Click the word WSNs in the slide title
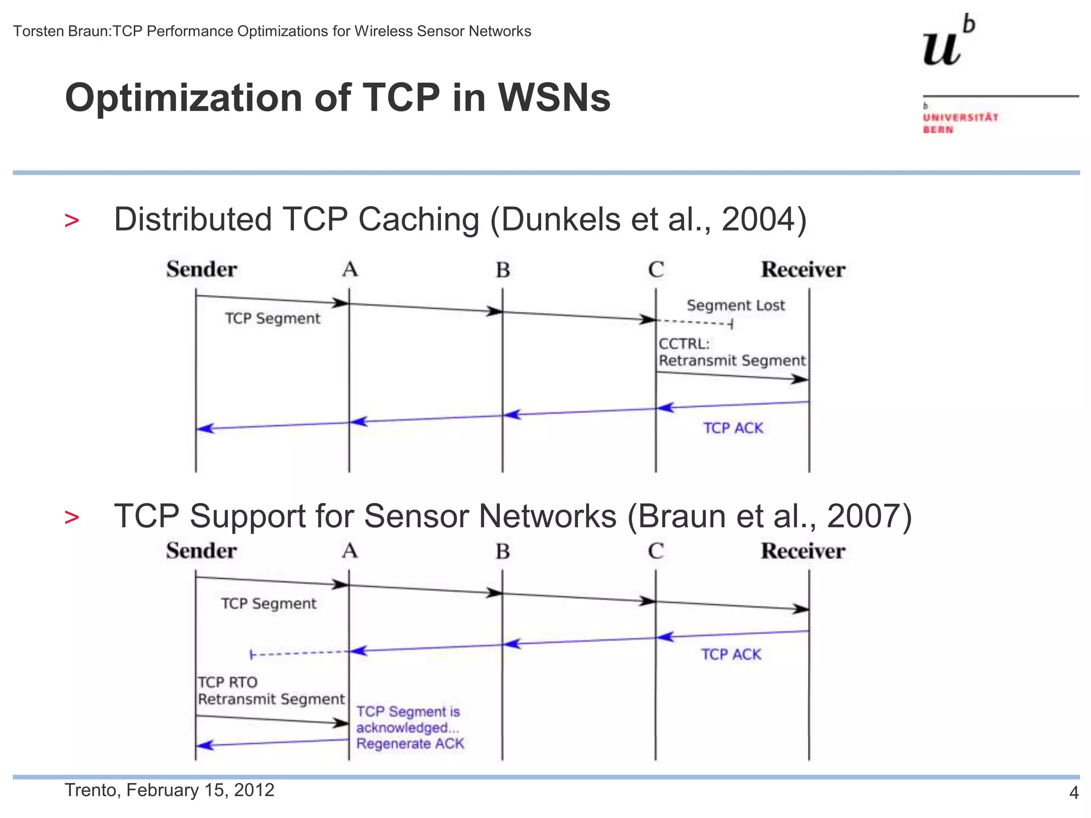(554, 98)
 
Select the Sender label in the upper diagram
(201, 269)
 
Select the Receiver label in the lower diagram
(803, 551)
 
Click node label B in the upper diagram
(503, 270)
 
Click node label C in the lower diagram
(656, 551)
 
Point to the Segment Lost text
(736, 305)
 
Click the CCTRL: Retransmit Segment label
(732, 352)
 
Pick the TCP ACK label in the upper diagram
(733, 428)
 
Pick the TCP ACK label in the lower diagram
(731, 654)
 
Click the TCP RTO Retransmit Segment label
(271, 691)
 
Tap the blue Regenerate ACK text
(410, 743)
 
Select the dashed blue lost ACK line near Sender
(298, 653)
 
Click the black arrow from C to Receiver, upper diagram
(732, 376)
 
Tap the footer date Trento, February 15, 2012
(169, 790)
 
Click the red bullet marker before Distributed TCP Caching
(71, 220)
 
